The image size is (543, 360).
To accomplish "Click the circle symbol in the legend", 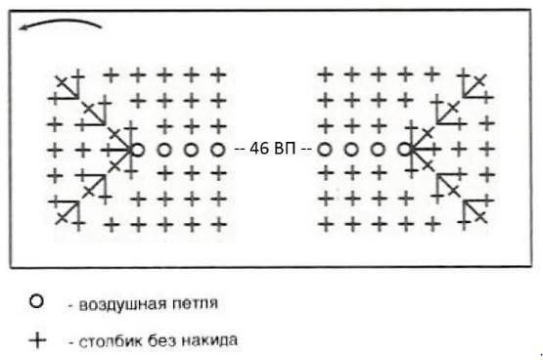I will [38, 304].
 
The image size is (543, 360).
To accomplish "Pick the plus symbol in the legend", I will [38, 341].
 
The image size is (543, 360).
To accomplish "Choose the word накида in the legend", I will [207, 342].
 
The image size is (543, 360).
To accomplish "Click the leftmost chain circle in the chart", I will [138, 150].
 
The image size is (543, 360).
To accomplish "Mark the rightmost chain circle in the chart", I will [404, 150].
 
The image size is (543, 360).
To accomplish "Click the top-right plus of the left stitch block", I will [218, 73].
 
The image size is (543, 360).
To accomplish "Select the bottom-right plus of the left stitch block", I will [218, 225].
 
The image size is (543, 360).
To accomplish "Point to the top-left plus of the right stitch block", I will [324, 73].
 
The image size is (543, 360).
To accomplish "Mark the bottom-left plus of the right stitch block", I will [324, 225].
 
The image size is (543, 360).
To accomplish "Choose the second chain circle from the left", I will [164, 150].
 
